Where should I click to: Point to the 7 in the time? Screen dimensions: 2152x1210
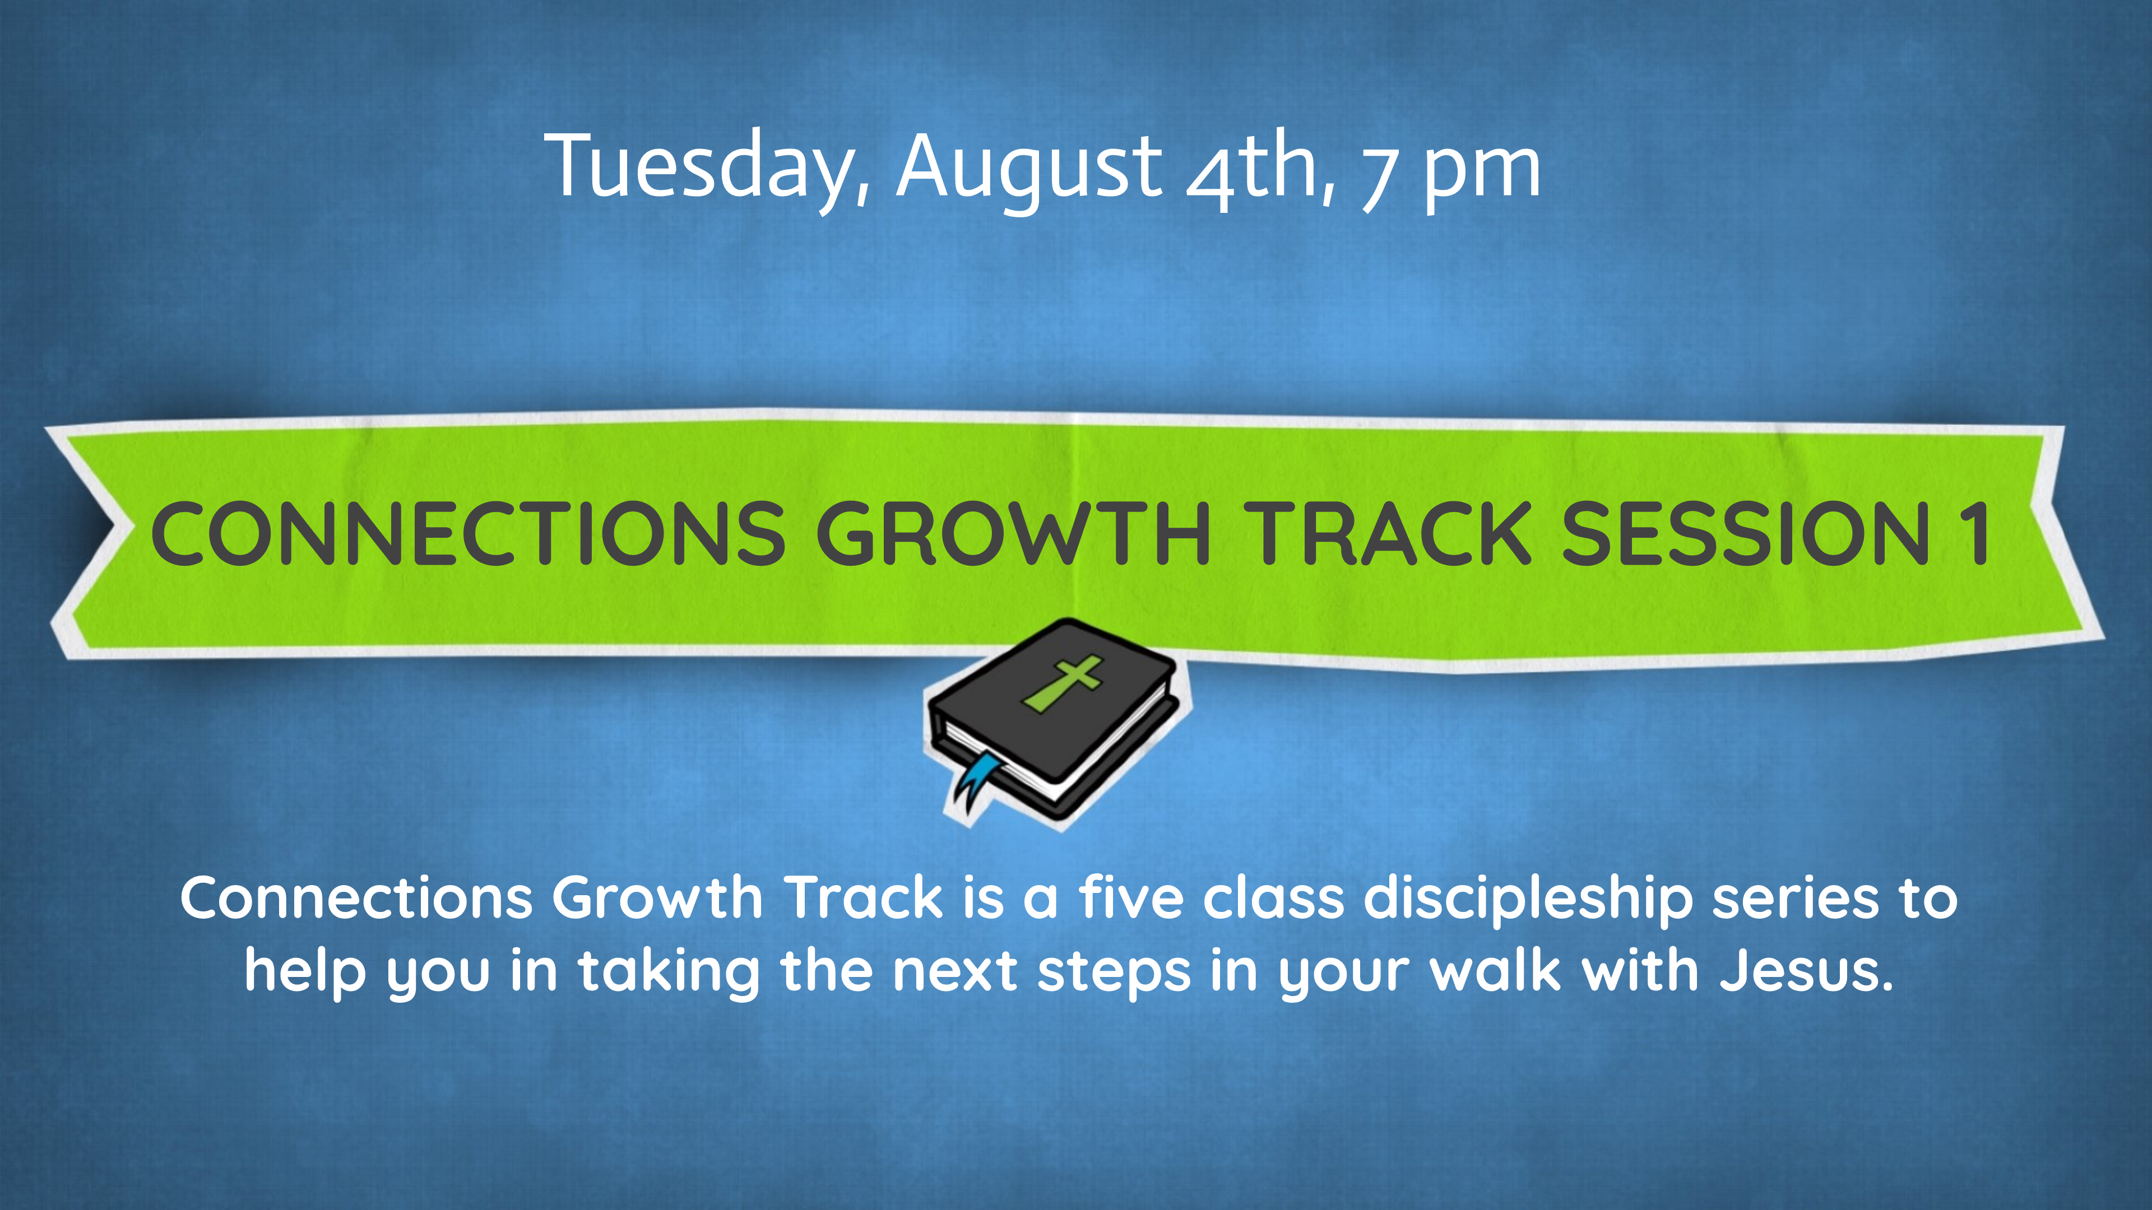pos(1379,179)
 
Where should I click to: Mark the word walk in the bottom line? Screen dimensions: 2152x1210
pos(1495,971)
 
